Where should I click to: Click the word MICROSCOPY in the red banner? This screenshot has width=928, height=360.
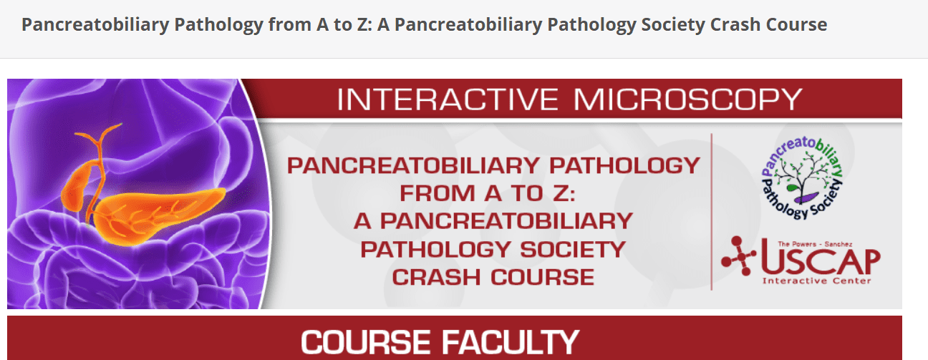tap(687, 99)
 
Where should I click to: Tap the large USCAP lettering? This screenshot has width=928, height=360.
tap(820, 259)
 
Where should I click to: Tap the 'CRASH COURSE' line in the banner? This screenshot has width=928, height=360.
tap(493, 276)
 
